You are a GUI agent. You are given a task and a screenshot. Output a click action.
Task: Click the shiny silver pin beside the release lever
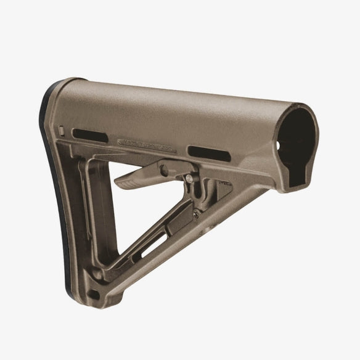(x=187, y=179)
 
